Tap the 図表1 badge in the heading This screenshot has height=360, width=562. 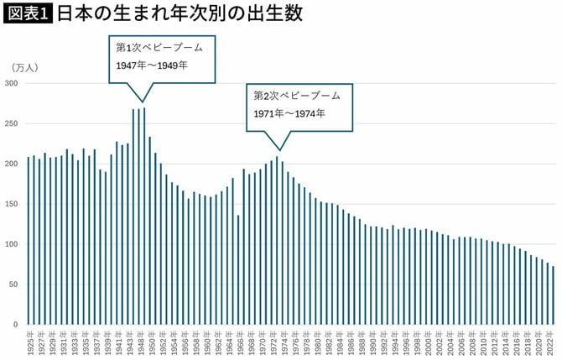click(28, 14)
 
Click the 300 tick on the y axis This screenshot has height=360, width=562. click(12, 84)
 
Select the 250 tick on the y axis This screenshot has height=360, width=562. click(12, 124)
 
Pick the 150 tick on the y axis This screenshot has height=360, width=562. click(12, 204)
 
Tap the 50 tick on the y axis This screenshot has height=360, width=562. click(14, 284)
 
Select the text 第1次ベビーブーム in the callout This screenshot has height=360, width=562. click(160, 48)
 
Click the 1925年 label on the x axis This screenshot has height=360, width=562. click(29, 344)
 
